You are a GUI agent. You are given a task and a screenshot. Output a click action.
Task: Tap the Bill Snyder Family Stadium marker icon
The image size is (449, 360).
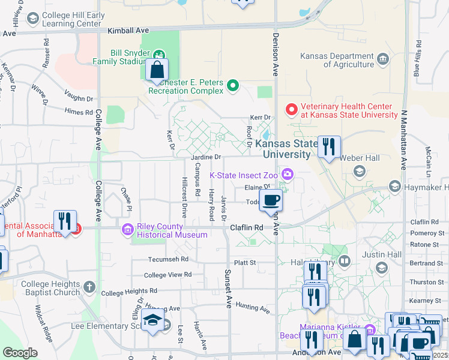pyautogui.click(x=159, y=53)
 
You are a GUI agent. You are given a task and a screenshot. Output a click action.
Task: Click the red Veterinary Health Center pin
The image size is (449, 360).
pyautogui.click(x=292, y=109)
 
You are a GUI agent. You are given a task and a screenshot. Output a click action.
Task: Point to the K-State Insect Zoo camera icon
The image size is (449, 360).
pyautogui.click(x=288, y=175)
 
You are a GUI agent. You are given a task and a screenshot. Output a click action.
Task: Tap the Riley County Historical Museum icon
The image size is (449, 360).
pyautogui.click(x=127, y=229)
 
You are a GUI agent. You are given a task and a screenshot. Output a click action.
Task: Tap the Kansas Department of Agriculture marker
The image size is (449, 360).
pyautogui.click(x=382, y=60)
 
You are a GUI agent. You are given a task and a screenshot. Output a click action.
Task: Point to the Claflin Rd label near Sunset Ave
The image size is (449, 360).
pyautogui.click(x=247, y=228)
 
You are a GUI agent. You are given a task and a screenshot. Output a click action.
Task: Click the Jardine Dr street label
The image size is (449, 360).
pyautogui.click(x=206, y=157)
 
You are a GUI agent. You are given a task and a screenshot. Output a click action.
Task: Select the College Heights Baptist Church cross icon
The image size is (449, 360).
pyautogui.click(x=89, y=287)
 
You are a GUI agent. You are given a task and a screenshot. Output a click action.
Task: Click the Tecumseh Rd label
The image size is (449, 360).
pyautogui.click(x=169, y=260)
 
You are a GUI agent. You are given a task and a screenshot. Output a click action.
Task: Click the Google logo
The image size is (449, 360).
pyautogui.click(x=20, y=352)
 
